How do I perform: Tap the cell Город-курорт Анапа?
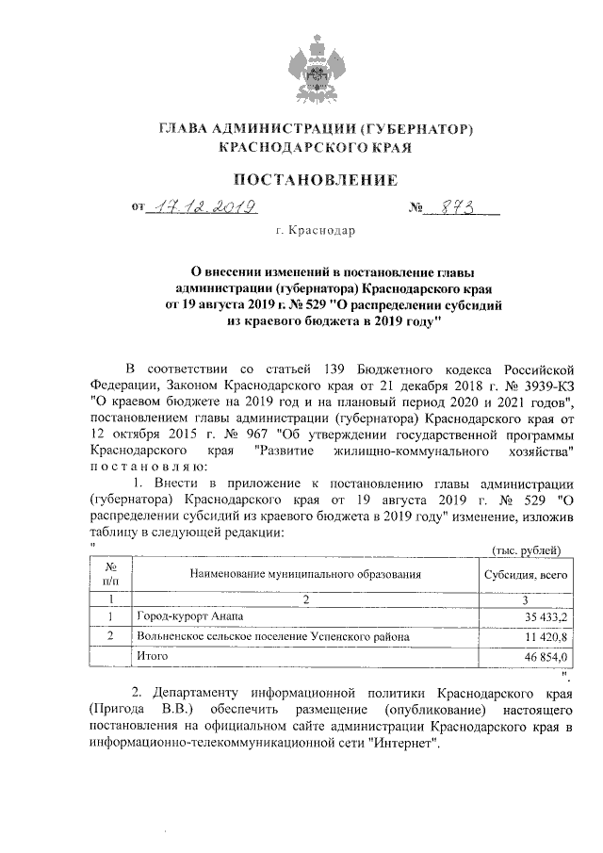pos(188,616)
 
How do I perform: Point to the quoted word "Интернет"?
pos(405,743)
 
